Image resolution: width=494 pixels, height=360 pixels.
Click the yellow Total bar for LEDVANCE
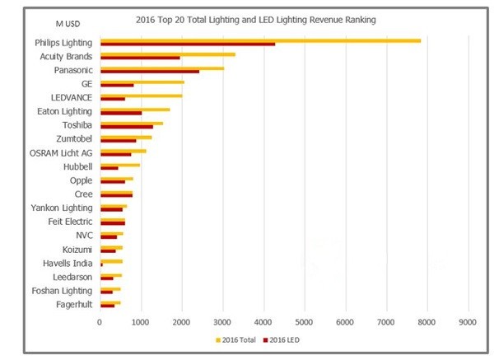click(141, 95)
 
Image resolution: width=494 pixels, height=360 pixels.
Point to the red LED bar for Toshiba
click(127, 126)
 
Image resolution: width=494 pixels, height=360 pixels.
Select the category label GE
click(86, 83)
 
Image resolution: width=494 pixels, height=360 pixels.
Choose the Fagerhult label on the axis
click(71, 304)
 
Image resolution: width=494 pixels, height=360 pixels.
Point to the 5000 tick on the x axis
click(305, 322)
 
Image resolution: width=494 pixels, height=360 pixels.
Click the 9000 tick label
click(468, 322)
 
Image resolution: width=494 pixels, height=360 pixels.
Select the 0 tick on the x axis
click(100, 322)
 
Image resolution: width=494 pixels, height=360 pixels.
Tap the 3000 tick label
click(222, 322)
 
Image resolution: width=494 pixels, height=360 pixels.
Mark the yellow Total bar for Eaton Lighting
click(135, 109)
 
